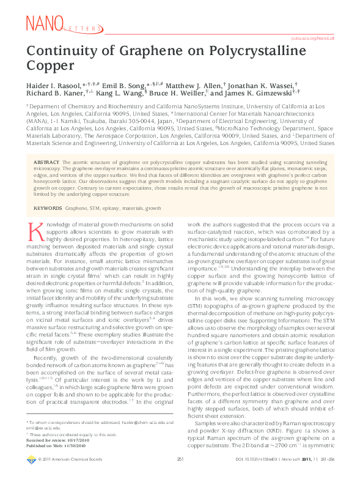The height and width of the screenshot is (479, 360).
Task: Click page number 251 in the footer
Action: tap(180, 475)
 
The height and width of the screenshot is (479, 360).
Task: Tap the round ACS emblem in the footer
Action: tap(31, 475)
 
